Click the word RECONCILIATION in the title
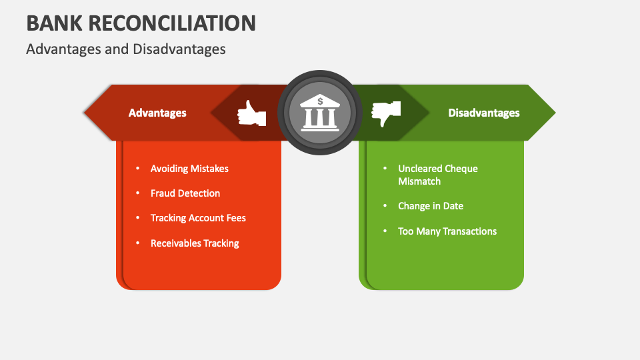point(172,23)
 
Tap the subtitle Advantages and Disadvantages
point(125,49)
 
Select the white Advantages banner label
point(157,113)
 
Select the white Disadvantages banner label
point(483,113)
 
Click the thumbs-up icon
point(251,113)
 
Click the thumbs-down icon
point(386,113)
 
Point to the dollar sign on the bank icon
point(320,101)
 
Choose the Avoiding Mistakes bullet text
point(189,169)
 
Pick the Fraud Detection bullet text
point(185,193)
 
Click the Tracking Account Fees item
point(198,218)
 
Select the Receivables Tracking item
point(195,243)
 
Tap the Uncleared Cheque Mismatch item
point(437,175)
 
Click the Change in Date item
point(430,206)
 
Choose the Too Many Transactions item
point(447,231)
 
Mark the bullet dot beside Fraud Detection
point(137,193)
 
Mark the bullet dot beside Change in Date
point(385,206)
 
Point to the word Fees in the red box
point(236,218)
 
